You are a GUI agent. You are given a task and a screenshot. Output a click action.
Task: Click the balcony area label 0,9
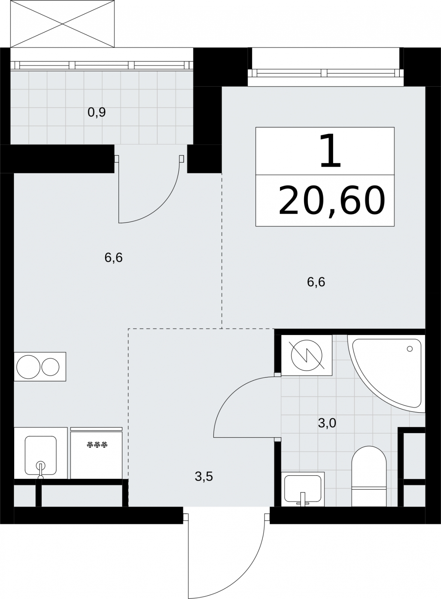[x=97, y=113]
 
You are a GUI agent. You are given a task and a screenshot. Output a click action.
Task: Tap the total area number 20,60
[x=332, y=201]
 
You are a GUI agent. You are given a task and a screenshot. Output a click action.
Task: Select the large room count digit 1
[x=330, y=151]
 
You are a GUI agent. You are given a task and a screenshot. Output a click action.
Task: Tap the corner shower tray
[x=386, y=374]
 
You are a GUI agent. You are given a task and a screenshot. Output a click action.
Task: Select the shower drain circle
[x=410, y=349]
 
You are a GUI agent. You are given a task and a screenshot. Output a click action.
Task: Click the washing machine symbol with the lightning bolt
[x=307, y=355]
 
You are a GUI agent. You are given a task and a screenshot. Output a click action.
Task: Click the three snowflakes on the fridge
[x=97, y=445]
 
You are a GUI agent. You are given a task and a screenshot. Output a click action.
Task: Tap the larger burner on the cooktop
[x=28, y=367]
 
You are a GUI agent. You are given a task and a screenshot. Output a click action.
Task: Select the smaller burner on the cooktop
[x=50, y=367]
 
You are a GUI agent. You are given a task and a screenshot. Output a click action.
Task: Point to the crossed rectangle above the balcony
[x=63, y=24]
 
